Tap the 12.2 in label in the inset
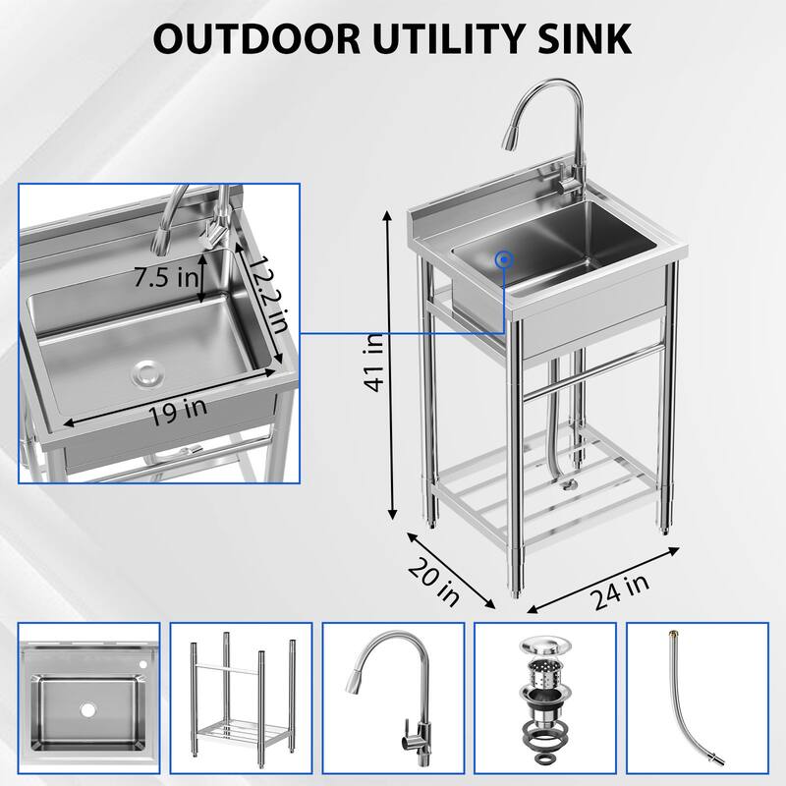click(x=264, y=295)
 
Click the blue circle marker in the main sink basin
click(x=505, y=259)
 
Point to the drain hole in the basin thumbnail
click(x=86, y=709)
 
